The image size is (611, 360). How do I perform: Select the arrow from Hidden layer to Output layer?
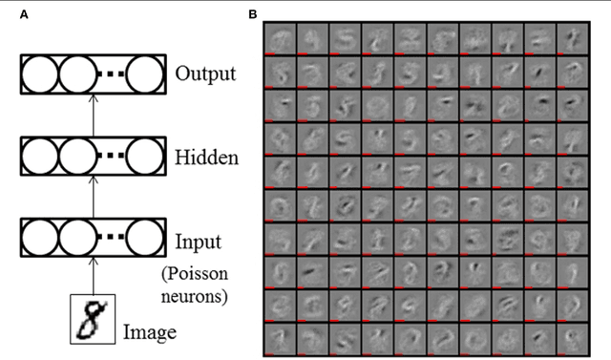tap(93, 115)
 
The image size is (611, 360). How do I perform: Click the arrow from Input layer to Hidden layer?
tap(93, 197)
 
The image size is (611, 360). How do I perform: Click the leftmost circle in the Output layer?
tap(40, 74)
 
